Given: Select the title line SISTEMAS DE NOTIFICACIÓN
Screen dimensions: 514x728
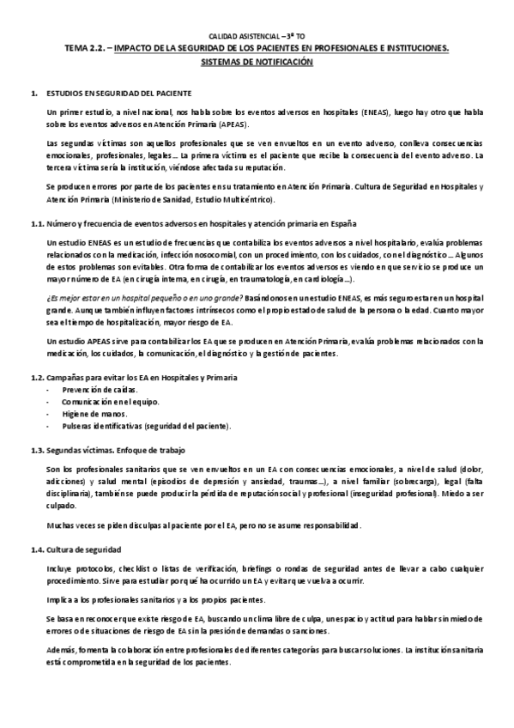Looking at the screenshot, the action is [x=257, y=63].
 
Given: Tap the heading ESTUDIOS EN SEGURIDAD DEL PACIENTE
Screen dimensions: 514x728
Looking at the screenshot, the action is [x=119, y=92].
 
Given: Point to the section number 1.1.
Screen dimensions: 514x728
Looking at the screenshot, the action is [x=37, y=223].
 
